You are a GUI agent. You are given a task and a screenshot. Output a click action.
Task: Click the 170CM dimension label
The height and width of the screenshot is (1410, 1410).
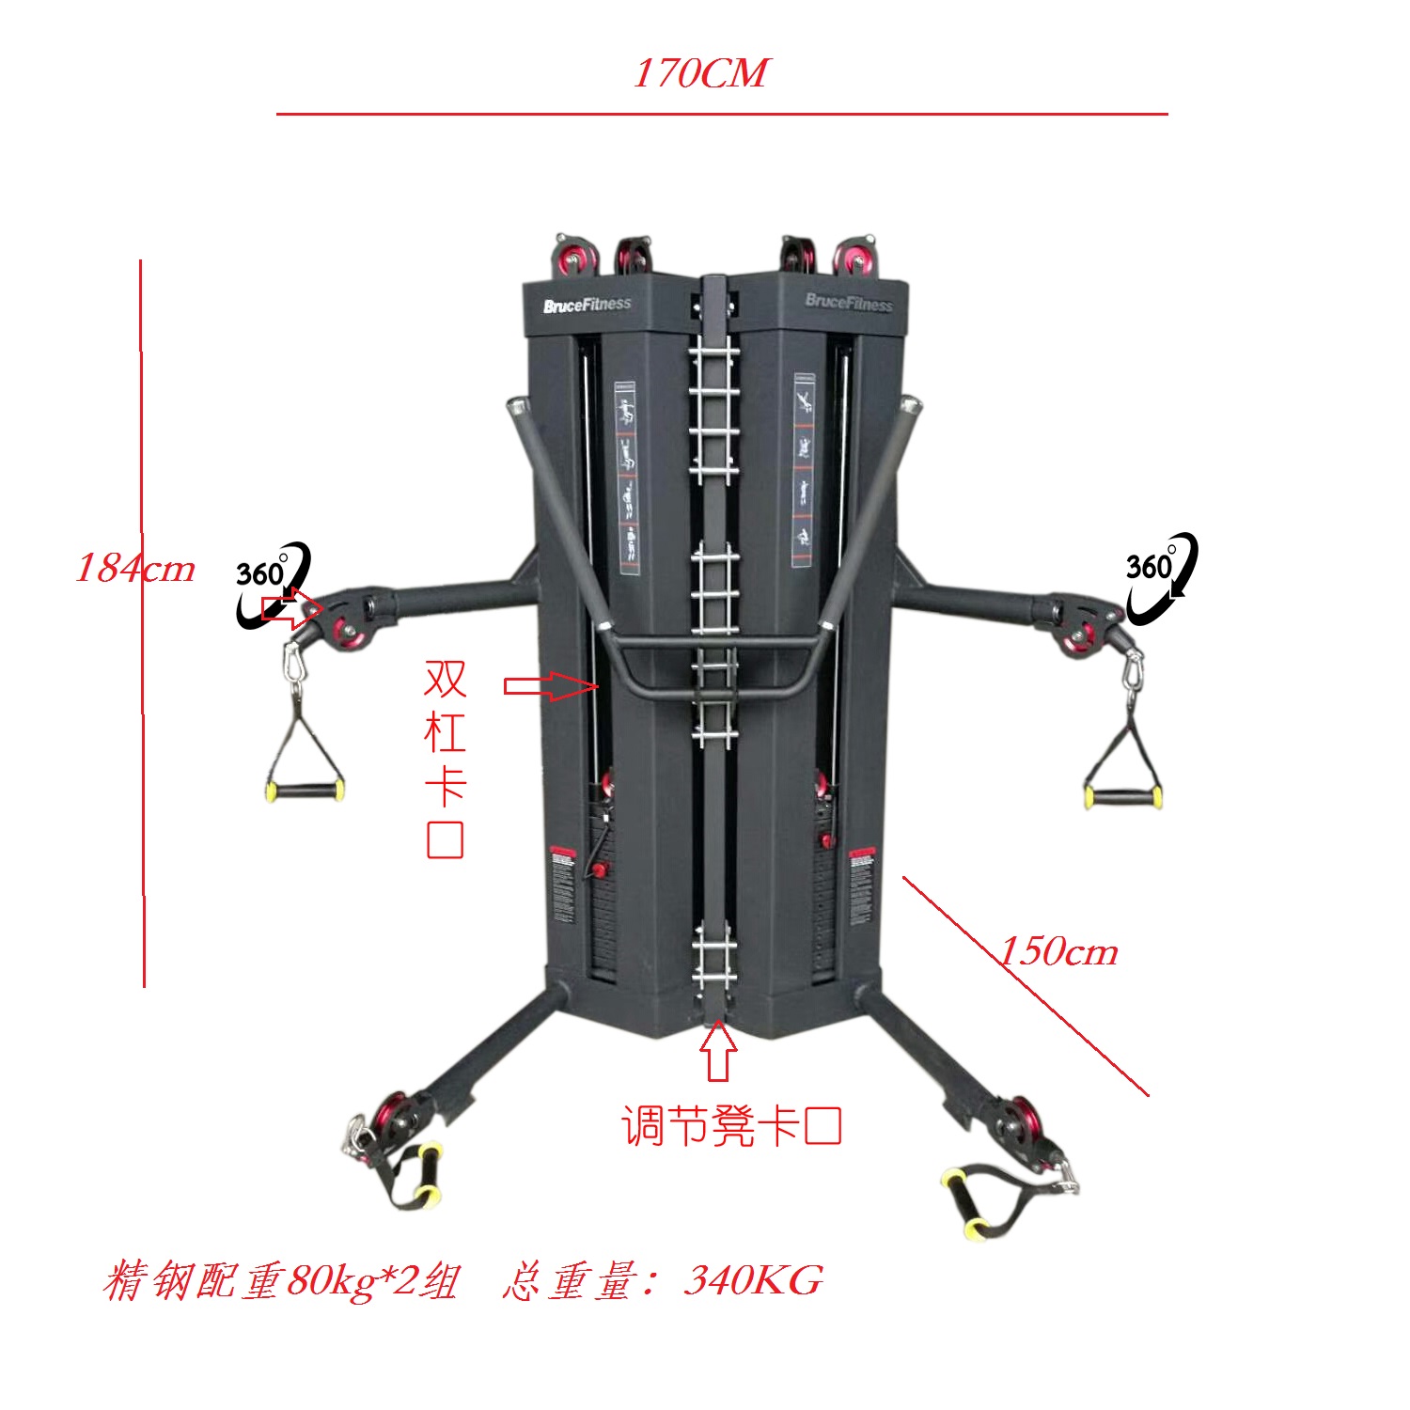(700, 73)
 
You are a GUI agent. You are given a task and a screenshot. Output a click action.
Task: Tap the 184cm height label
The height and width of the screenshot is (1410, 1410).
(135, 568)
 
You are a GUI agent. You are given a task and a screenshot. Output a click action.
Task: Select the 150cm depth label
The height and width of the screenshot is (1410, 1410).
(1058, 951)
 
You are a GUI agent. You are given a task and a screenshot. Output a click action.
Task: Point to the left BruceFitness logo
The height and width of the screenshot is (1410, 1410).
(587, 305)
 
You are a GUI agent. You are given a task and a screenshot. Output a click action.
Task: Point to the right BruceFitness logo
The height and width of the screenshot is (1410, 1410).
(849, 302)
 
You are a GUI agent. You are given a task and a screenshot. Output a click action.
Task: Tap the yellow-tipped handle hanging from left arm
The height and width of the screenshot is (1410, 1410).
(305, 790)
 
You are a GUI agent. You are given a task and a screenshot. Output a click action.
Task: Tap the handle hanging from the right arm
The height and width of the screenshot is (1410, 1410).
(1123, 797)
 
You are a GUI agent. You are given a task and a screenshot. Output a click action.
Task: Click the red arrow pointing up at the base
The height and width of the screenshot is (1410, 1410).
(719, 1050)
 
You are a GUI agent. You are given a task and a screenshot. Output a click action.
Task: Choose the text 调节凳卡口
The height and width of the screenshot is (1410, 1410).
(730, 1125)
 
